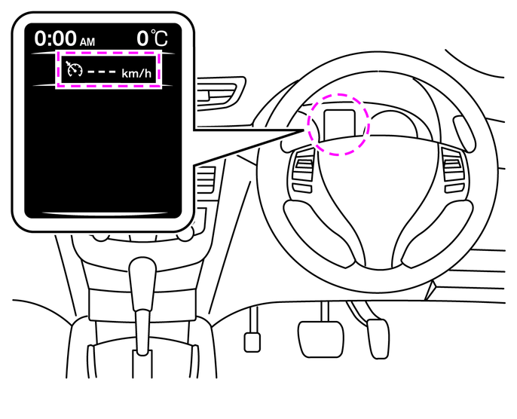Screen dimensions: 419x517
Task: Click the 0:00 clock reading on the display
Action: coord(55,38)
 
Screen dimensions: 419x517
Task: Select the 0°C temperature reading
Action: coord(153,38)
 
